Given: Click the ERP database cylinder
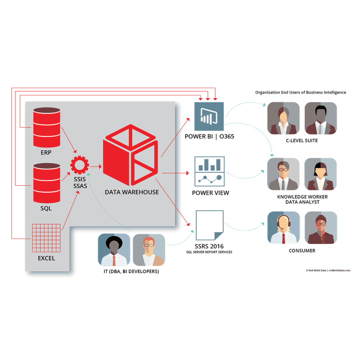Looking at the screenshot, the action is pos(47,127).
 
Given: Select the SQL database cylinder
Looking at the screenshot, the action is pos(47,183).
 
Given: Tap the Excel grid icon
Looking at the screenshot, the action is pos(46,238).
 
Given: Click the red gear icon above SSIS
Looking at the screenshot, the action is pos(80,165).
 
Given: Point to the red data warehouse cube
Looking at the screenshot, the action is pos(130,155).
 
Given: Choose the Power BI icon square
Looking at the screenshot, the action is pos(209,117).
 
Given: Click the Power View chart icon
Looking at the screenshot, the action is pos(209,171).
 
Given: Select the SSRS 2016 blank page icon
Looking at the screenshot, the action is pos(210,225).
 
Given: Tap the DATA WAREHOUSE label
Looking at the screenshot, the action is pos(132,192).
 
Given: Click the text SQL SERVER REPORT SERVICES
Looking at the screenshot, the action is pos(209,252).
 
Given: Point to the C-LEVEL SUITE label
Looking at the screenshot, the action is pos(301,140).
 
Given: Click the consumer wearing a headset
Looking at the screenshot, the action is pos(283,228).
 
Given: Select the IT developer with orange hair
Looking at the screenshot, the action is pos(149,250).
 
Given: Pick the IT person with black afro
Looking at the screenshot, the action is pos(114,250).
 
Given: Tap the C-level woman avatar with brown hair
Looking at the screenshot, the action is pos(283,118).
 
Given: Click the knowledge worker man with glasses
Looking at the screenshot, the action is pos(283,174).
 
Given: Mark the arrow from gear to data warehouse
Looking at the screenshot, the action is pos(96,166).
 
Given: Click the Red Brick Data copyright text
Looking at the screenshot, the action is pos(328,270).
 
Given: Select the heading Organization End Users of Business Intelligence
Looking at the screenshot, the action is pos(301,92).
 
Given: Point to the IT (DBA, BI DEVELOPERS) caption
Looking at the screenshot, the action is pos(131,271).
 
